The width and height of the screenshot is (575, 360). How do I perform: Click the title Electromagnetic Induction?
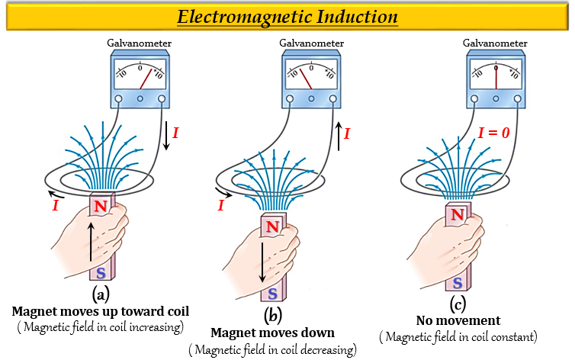coord(287,17)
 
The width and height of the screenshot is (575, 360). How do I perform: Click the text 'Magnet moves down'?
coord(271,333)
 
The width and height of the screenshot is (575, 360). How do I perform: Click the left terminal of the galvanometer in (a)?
coord(119,99)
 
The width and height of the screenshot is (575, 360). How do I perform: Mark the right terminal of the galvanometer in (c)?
coord(518,99)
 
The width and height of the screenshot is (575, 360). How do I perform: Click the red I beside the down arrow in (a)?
coord(176,133)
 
